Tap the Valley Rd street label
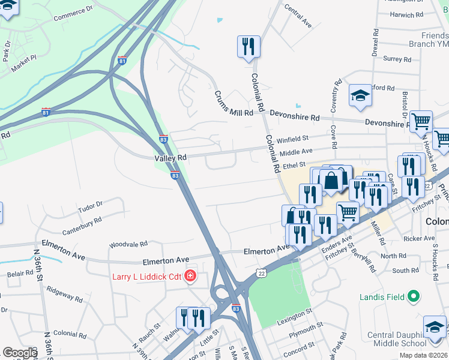[x=170, y=157]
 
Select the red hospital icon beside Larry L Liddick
[x=190, y=276]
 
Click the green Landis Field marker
[x=413, y=296]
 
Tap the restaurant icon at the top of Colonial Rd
[x=249, y=46]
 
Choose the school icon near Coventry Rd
[x=360, y=95]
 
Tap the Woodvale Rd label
[x=128, y=244]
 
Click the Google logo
[x=20, y=352]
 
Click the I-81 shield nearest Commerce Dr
[x=122, y=61]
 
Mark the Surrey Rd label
[x=397, y=59]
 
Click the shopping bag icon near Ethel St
[x=331, y=179]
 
